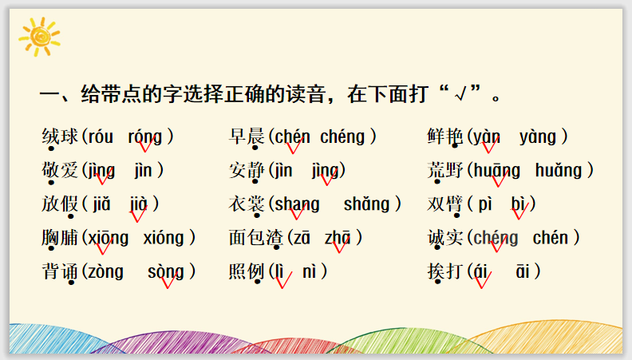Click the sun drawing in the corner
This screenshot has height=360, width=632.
(39, 36)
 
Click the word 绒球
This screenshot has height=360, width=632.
(60, 136)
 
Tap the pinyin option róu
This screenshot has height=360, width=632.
(101, 137)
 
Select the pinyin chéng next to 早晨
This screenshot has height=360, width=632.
(342, 137)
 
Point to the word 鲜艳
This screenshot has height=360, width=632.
(445, 136)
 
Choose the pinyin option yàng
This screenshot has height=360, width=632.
(538, 137)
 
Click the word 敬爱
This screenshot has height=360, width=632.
(60, 170)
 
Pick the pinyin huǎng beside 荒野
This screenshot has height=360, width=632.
(559, 171)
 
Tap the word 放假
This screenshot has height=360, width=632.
(60, 204)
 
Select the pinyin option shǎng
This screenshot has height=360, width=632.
(366, 204)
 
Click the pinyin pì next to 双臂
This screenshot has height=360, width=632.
(485, 205)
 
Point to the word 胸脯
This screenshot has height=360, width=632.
(60, 238)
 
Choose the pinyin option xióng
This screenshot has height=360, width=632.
(164, 238)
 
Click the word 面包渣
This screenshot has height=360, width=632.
(256, 238)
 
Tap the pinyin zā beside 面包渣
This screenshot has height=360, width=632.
(302, 238)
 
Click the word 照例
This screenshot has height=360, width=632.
(247, 271)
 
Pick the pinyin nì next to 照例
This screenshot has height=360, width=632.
(309, 271)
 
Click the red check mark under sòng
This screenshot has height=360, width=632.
(169, 279)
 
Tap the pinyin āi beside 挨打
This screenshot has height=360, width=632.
(523, 271)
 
